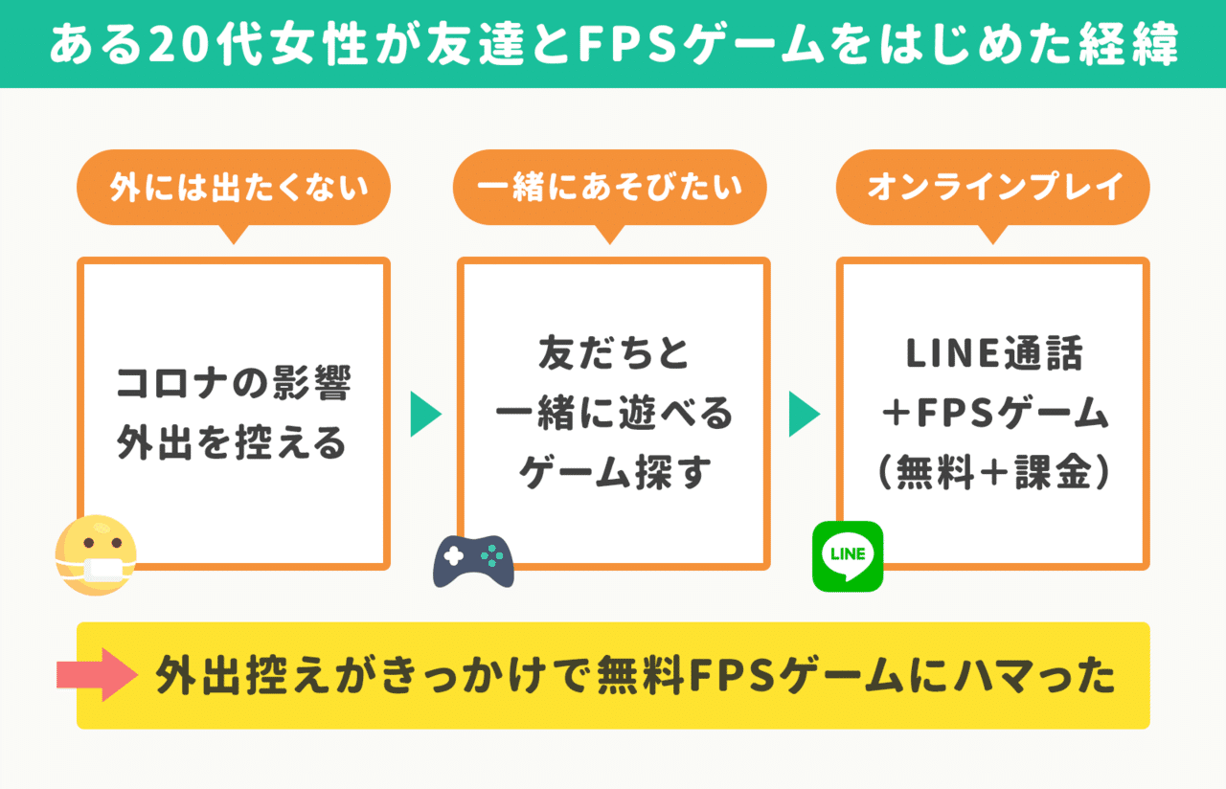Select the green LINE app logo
847,556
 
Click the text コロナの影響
233,384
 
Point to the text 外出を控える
233,443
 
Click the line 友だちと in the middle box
613,354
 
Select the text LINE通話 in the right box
993,354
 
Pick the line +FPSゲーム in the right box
993,414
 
